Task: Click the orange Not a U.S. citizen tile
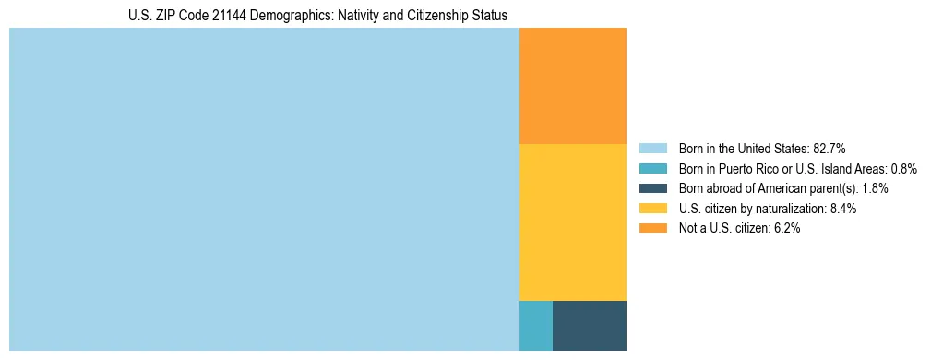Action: [573, 86]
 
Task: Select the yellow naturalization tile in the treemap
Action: [573, 222]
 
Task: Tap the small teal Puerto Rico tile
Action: [536, 326]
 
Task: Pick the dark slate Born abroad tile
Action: [590, 326]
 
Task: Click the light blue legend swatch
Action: [652, 149]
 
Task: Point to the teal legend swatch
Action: [652, 169]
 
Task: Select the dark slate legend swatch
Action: [652, 188]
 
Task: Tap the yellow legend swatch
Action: [652, 209]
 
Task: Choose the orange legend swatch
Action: [652, 228]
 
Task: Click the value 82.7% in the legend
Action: [829, 149]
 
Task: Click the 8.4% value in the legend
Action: [843, 209]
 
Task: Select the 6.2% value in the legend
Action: [786, 228]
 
